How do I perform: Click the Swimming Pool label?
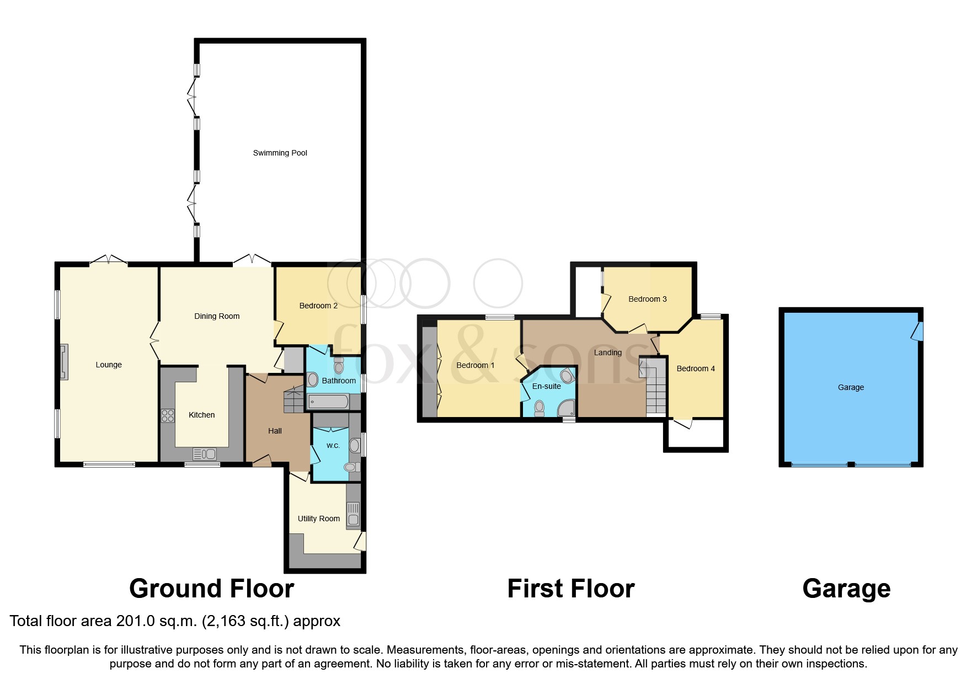pyautogui.click(x=280, y=153)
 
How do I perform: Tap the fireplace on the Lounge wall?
pyautogui.click(x=64, y=362)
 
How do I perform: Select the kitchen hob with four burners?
pyautogui.click(x=168, y=415)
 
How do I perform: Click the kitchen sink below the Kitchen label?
pyautogui.click(x=204, y=454)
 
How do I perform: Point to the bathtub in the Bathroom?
pyautogui.click(x=328, y=402)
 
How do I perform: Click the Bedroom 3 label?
pyautogui.click(x=647, y=299)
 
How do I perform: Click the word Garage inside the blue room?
pyautogui.click(x=851, y=387)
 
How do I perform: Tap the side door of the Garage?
pyautogui.click(x=917, y=332)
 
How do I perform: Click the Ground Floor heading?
pyautogui.click(x=211, y=589)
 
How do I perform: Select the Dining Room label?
pyautogui.click(x=217, y=316)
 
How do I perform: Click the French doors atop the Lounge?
pyautogui.click(x=109, y=259)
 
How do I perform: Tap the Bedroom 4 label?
pyautogui.click(x=695, y=368)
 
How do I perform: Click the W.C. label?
pyautogui.click(x=333, y=445)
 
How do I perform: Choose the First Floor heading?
pyautogui.click(x=570, y=589)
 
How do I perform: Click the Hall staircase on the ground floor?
pyautogui.click(x=293, y=400)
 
